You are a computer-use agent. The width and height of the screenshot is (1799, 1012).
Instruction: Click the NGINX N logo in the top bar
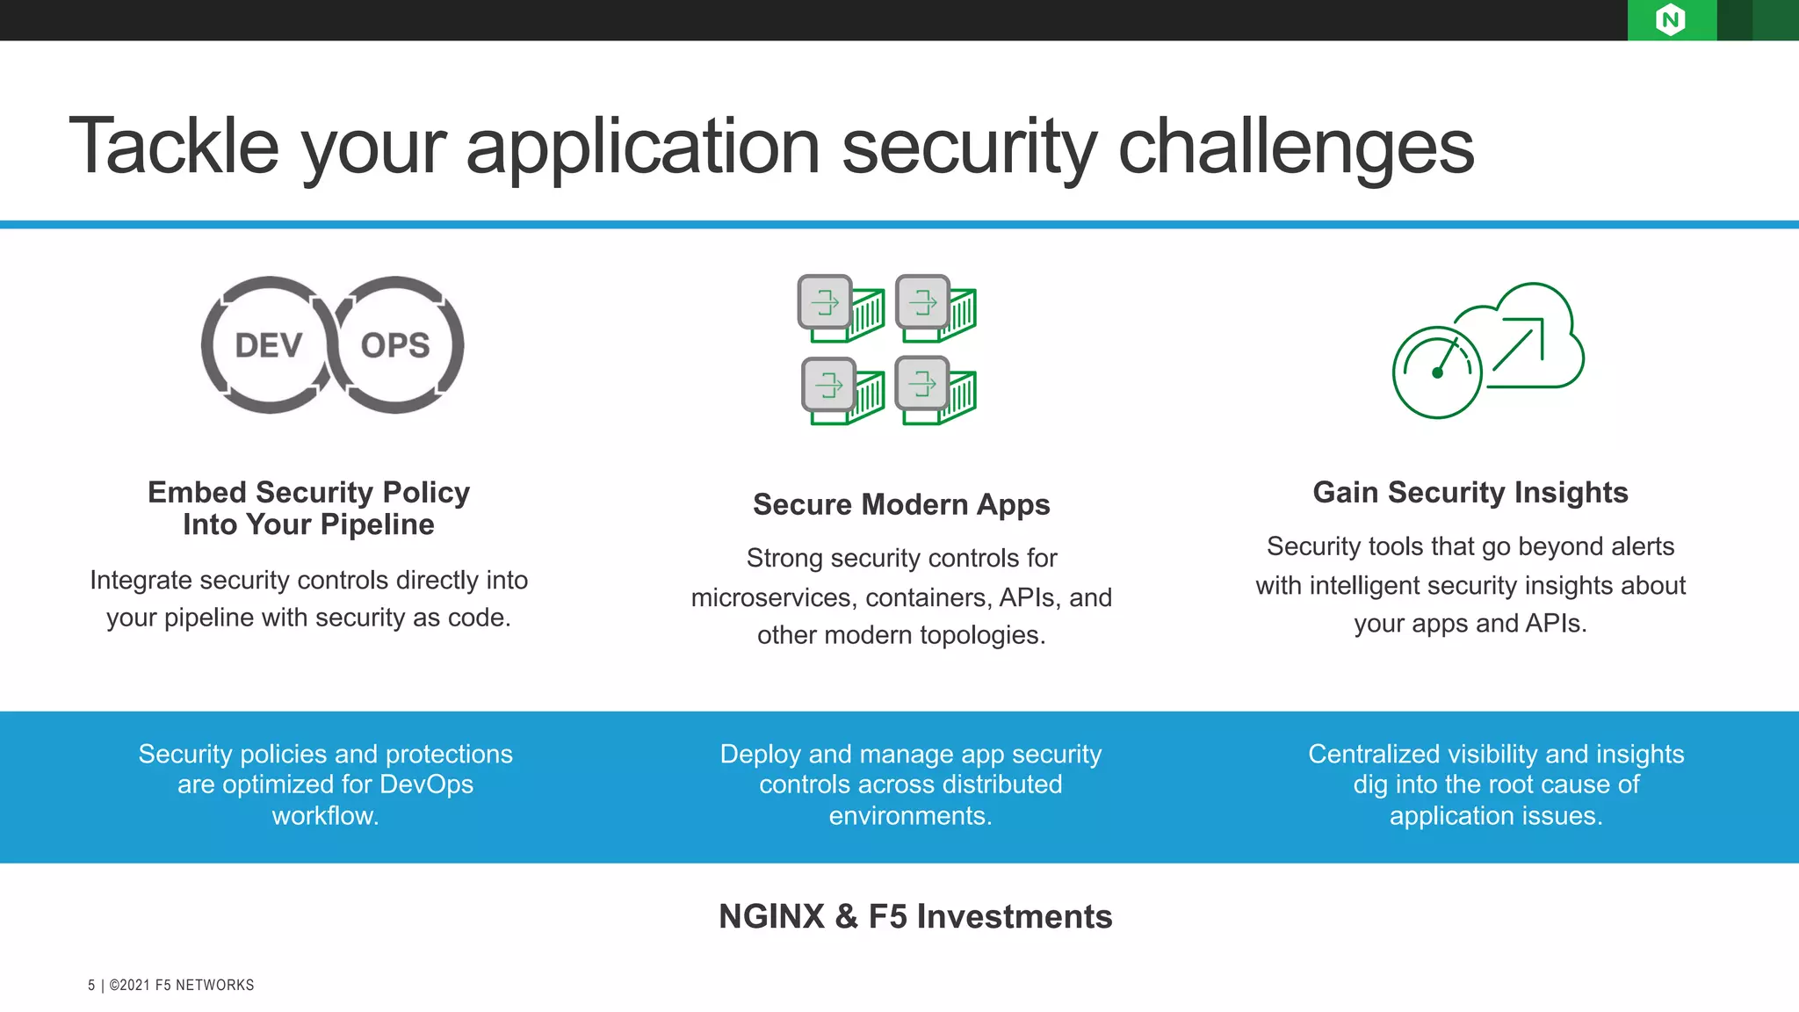[x=1670, y=19]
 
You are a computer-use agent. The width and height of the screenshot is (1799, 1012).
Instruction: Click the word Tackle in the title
[x=173, y=146]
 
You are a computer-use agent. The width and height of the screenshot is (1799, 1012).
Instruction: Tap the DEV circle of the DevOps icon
[x=269, y=345]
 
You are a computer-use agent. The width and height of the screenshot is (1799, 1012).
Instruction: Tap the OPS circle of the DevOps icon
[x=395, y=345]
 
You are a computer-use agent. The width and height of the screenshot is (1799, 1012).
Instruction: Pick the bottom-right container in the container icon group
[x=936, y=390]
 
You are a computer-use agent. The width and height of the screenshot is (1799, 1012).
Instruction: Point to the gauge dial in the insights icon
[x=1437, y=372]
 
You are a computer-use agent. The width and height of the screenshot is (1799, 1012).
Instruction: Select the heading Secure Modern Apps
[x=901, y=504]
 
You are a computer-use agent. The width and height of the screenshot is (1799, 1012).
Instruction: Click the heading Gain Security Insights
[x=1470, y=492]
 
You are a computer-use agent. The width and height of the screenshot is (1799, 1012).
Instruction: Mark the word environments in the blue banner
[x=909, y=816]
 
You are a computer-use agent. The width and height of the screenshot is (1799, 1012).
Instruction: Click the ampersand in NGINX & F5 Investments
[x=846, y=916]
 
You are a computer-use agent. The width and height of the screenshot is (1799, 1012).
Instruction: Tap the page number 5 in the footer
[x=91, y=985]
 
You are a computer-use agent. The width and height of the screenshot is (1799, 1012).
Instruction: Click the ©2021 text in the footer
[x=129, y=985]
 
